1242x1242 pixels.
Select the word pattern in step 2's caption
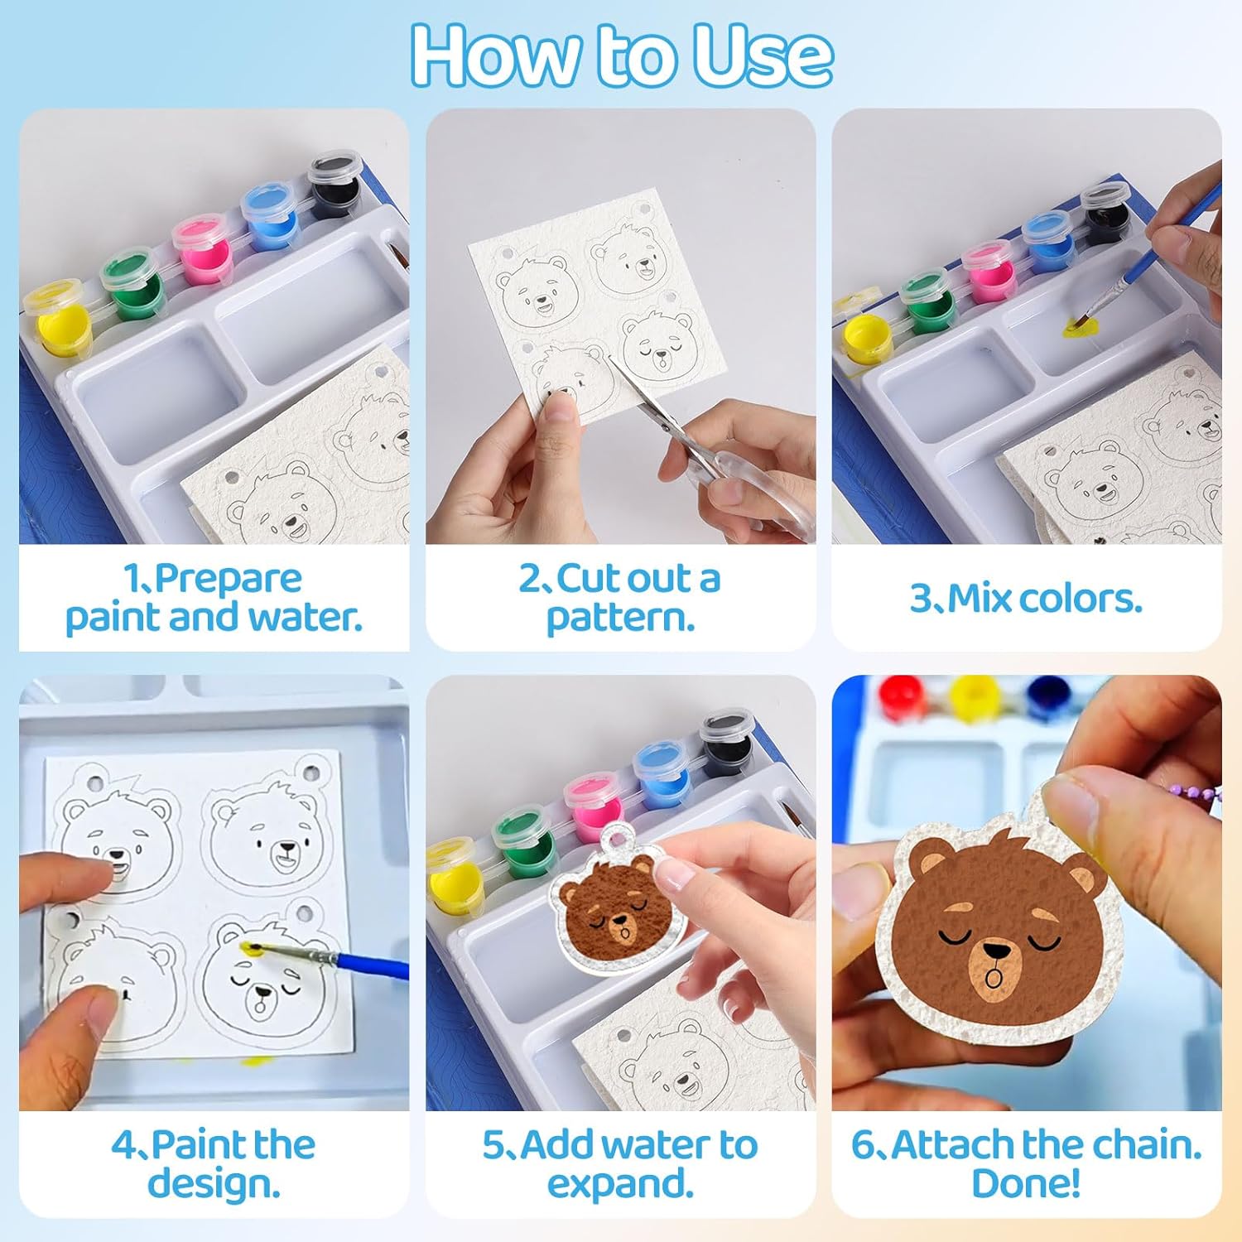(620, 618)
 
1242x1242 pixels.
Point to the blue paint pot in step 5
(662, 768)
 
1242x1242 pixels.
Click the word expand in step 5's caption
(620, 1184)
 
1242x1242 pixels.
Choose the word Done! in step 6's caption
(1027, 1183)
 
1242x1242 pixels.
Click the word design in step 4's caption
(214, 1184)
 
